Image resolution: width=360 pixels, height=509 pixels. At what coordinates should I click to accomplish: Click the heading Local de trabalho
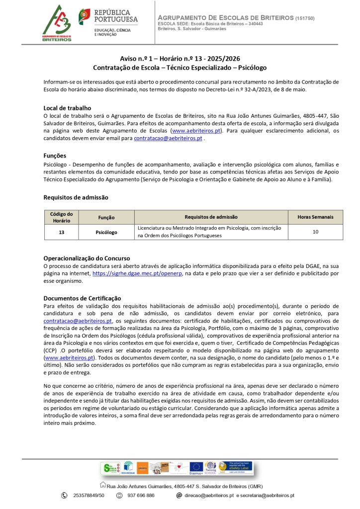(67, 108)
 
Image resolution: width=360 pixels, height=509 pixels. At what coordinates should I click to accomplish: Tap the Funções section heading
(55, 156)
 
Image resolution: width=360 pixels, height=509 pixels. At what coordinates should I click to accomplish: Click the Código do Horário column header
(61, 217)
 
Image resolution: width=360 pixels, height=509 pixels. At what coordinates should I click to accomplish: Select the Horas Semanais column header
(315, 217)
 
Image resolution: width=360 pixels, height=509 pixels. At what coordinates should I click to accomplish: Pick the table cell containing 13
(61, 232)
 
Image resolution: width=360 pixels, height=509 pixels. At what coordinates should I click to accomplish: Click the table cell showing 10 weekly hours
(315, 232)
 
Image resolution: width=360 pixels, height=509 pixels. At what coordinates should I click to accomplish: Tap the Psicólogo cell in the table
(106, 232)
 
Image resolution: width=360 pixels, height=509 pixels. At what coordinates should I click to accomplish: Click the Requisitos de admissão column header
(211, 217)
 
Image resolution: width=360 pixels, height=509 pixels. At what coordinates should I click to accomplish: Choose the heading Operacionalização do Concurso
(87, 258)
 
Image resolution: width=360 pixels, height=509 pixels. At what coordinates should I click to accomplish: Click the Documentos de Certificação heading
(82, 298)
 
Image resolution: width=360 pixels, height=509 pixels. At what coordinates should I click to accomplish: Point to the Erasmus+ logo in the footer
(196, 468)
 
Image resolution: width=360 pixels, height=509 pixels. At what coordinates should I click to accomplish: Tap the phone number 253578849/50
(89, 496)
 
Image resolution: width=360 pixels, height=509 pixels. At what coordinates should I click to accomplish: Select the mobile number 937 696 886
(141, 496)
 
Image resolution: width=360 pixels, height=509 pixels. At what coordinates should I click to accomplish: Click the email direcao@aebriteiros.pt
(209, 496)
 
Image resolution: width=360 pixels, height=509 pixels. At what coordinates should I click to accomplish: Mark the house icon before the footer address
(103, 485)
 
